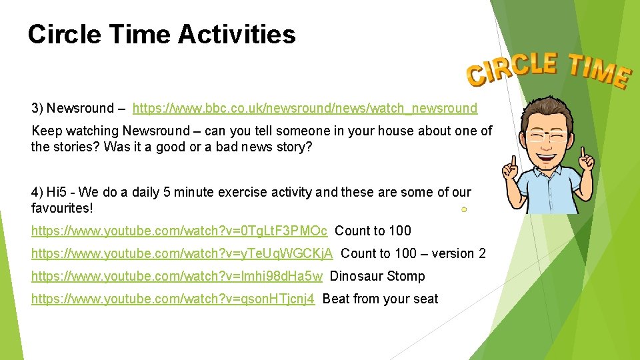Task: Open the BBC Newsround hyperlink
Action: [305, 108]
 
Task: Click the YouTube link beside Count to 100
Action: [179, 231]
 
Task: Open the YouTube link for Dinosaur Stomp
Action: [177, 276]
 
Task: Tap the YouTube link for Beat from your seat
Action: [173, 299]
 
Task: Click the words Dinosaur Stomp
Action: [377, 276]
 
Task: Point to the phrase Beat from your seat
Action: [380, 299]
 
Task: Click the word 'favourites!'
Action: [62, 208]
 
